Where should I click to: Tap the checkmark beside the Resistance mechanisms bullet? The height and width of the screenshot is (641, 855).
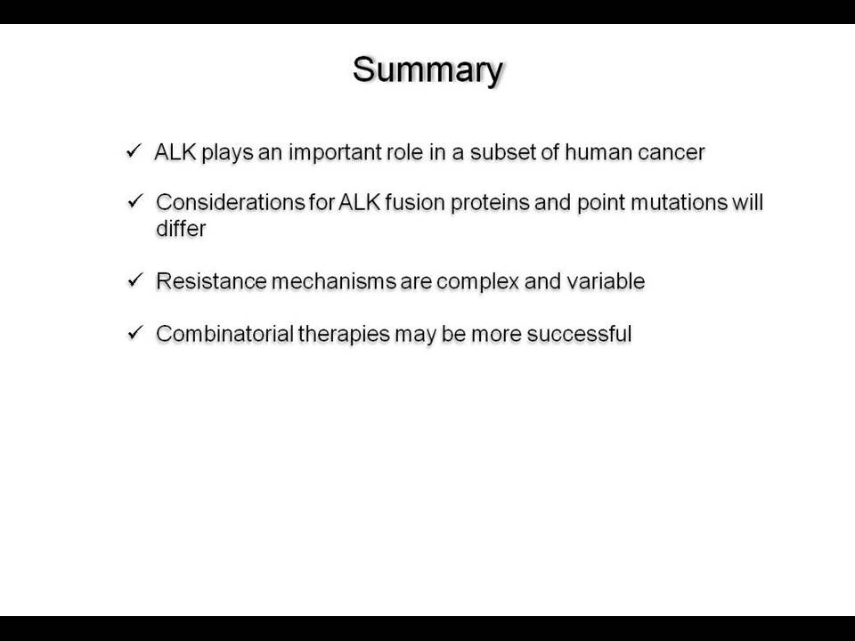pos(134,280)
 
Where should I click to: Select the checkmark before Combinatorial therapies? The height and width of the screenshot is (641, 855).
pos(134,332)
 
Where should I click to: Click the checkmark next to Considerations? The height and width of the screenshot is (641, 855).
pos(134,202)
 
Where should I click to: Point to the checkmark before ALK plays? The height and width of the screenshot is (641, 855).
pos(133,151)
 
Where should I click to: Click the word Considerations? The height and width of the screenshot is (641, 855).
pos(230,202)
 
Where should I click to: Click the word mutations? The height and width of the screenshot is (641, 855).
pos(679,203)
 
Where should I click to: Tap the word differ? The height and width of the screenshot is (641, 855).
pos(181,228)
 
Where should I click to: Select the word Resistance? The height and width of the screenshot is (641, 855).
pos(212,281)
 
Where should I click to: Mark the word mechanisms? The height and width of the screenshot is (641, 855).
pos(334,281)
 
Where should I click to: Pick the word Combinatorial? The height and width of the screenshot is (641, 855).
pos(224,334)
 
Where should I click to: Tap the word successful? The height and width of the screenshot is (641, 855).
pos(579,334)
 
